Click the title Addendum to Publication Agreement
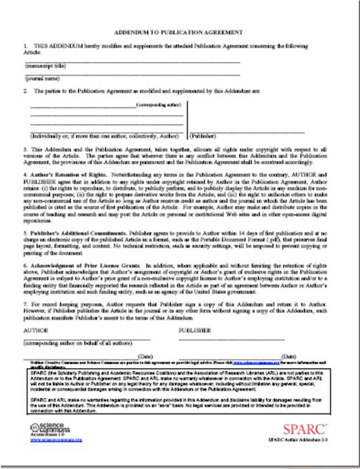point(179,33)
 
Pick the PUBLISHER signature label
point(195,331)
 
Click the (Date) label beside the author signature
point(145,356)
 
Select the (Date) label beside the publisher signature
point(289,356)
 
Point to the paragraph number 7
point(25,304)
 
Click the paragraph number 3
point(25,150)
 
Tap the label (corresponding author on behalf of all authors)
point(77,343)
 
